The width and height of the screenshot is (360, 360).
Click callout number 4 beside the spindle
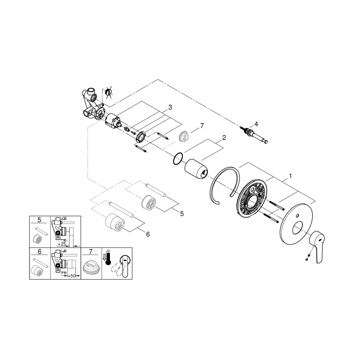(x=256, y=124)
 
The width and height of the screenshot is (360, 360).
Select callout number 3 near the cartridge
(x=170, y=107)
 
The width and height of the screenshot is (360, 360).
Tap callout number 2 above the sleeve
(x=224, y=137)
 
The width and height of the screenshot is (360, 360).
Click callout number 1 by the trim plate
(x=290, y=176)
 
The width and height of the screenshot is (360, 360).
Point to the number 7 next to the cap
(x=202, y=125)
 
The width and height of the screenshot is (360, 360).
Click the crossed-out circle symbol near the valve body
(x=109, y=92)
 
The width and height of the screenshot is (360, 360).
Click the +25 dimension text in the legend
(x=62, y=244)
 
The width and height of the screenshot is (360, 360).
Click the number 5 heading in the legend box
(x=39, y=220)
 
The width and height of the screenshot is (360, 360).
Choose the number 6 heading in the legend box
(x=39, y=251)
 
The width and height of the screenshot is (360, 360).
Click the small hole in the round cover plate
(x=298, y=216)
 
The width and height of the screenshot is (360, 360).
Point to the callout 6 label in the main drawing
(x=148, y=234)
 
